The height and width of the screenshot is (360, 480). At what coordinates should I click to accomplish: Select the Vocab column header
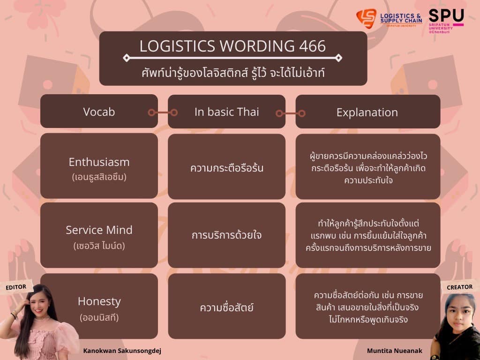tap(99, 111)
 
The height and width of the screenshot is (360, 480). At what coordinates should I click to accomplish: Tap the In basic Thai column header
tap(226, 112)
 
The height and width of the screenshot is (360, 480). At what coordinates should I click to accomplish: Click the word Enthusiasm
tap(99, 162)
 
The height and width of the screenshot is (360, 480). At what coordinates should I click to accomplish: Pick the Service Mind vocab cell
tap(99, 235)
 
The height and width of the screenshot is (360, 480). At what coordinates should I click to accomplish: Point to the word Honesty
tap(99, 301)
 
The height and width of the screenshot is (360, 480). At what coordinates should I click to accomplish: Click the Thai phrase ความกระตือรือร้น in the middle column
tap(226, 168)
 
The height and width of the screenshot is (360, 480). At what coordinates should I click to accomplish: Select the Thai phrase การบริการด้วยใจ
tap(226, 235)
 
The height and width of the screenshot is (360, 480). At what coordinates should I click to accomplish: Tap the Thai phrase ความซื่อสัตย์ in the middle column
tap(226, 307)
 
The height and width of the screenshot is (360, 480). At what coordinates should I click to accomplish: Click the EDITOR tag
tap(16, 287)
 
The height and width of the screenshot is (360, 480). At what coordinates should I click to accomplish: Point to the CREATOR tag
tap(459, 287)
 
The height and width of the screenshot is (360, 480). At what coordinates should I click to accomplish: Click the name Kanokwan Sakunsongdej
tap(122, 351)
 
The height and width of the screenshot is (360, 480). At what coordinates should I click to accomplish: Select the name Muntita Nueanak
tap(395, 351)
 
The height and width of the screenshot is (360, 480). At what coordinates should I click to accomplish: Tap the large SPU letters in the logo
tap(446, 15)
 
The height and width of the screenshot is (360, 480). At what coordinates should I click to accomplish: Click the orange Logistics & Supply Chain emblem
tap(367, 18)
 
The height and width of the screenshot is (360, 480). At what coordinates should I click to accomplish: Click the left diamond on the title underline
tap(127, 58)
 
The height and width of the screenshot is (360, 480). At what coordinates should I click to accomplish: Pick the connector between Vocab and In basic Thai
tap(163, 112)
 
